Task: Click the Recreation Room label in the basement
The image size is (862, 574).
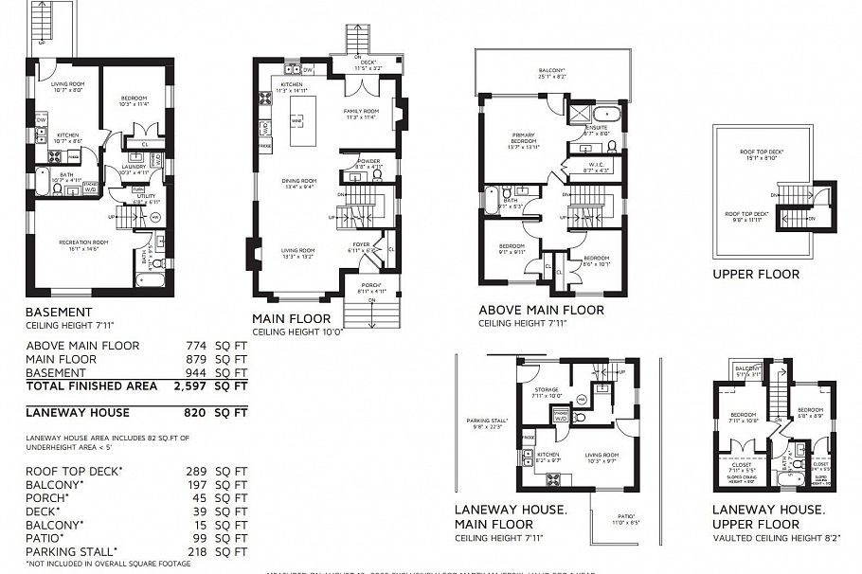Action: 83,242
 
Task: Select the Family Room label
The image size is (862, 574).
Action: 360,111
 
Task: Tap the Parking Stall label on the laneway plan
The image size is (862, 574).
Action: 484,421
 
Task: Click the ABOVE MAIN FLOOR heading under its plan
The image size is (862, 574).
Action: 541,310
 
